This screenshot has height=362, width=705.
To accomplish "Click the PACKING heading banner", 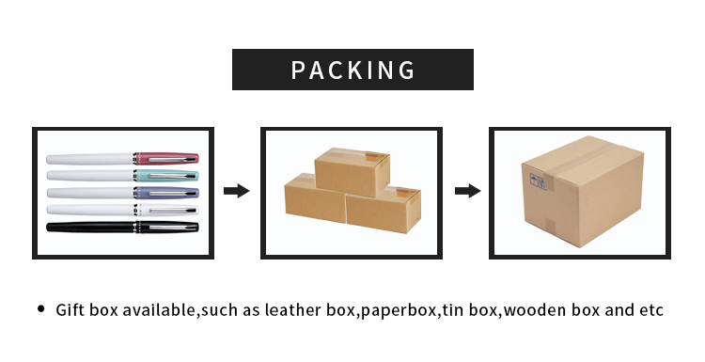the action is [352, 70].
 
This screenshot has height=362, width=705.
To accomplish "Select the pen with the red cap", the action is [123, 158].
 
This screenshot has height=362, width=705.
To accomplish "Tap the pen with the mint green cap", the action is [123, 175].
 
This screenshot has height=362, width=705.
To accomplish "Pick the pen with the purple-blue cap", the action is [123, 192].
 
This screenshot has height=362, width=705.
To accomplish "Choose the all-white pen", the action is [123, 210].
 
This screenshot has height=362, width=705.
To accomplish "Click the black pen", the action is [123, 227].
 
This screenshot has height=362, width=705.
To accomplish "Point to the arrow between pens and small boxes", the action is [237, 192].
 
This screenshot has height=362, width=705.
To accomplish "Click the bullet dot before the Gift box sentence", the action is [40, 309].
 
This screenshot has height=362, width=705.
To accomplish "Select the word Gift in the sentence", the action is [70, 310].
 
